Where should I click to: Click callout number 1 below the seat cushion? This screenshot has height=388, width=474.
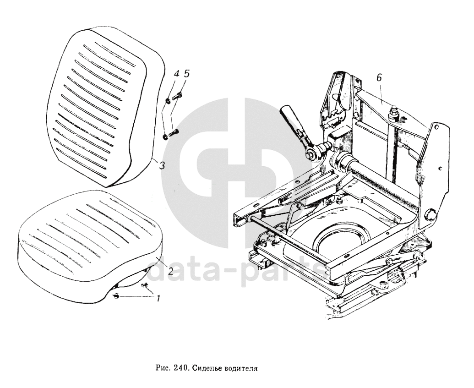pos(158,299)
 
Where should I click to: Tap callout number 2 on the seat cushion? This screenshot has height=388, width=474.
pos(169,270)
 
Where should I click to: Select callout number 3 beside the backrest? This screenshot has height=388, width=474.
pos(162,166)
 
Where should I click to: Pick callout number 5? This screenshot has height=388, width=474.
pos(186,73)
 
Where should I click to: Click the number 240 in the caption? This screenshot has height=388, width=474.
pos(181,367)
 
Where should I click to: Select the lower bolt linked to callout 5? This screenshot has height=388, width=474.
pos(174,133)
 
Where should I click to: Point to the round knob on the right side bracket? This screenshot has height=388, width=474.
pos(430,214)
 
